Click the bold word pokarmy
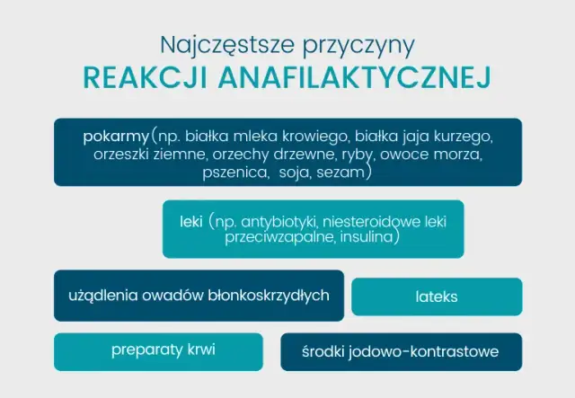115,137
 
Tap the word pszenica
236,171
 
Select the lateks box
437,296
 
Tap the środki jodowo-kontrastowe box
401,351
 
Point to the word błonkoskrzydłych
269,296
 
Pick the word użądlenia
100,296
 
